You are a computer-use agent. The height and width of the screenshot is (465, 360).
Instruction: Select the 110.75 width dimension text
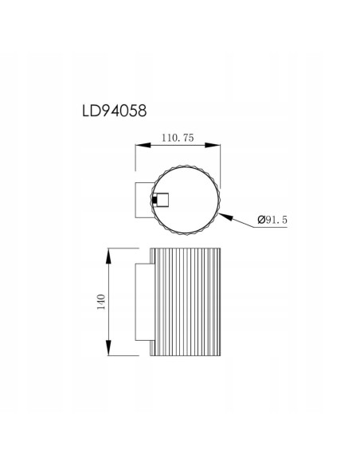pyautogui.click(x=178, y=137)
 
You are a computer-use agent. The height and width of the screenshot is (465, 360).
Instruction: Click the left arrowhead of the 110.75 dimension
pyautogui.click(x=139, y=146)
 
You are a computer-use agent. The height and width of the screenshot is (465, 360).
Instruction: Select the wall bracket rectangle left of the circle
pyautogui.click(x=143, y=199)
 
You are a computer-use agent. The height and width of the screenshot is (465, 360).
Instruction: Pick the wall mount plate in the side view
pyautogui.click(x=142, y=302)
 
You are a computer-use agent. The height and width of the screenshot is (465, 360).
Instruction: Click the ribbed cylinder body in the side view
pyautogui.click(x=185, y=302)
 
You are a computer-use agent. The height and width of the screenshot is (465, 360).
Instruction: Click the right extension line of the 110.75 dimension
pyautogui.click(x=221, y=167)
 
